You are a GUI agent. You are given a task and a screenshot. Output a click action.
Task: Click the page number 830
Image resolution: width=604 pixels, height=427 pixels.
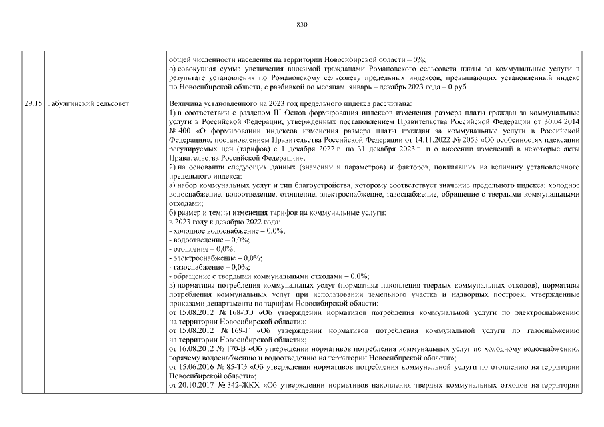[302, 25]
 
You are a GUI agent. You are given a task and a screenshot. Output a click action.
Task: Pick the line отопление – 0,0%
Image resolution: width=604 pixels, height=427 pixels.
[203, 248]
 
